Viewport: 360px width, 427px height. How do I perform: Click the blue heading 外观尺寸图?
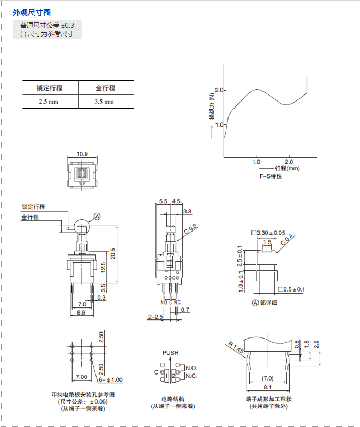(x=32, y=13)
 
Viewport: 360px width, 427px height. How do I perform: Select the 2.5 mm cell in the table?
(x=49, y=102)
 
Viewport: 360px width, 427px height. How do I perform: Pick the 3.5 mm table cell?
(x=104, y=102)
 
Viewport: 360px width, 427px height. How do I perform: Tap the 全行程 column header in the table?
(x=105, y=88)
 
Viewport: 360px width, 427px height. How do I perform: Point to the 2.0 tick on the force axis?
(x=219, y=90)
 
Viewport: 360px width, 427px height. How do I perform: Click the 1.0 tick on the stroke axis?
(x=256, y=162)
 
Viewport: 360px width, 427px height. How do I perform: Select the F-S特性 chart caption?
(x=271, y=176)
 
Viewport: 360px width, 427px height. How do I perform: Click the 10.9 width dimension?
(x=82, y=154)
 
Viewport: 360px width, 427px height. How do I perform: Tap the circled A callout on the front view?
(x=97, y=216)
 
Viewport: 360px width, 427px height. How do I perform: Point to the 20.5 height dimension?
(x=113, y=253)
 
